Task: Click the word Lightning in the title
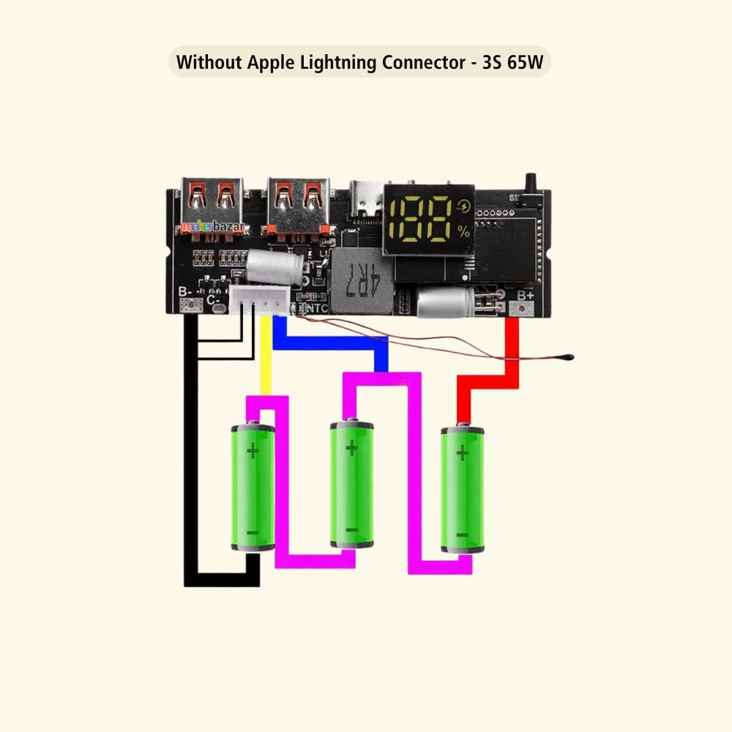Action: [x=340, y=62]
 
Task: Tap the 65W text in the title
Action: [x=523, y=62]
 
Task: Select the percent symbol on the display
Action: [x=463, y=231]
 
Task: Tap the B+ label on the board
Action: [x=526, y=295]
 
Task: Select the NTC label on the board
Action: [x=316, y=308]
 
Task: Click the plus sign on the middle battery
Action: [x=352, y=447]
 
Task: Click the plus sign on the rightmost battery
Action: [x=462, y=453]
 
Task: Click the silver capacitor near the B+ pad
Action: [x=445, y=302]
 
